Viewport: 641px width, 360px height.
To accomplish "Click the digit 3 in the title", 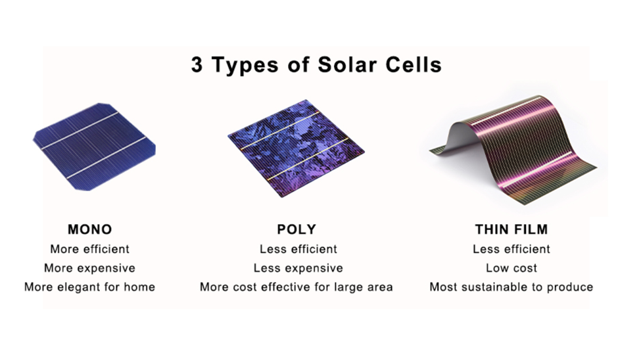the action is [197, 64].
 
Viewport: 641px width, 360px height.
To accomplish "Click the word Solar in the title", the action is [348, 64].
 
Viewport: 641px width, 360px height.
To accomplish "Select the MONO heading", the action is [89, 229].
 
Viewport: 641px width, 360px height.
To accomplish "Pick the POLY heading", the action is [297, 229].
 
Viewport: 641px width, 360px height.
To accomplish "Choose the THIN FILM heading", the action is [511, 229].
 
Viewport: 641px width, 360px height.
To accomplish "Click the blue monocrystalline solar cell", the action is [95, 146].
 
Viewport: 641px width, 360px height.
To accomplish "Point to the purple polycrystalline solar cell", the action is [296, 148].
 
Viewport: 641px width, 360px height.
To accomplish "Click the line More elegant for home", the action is [89, 287].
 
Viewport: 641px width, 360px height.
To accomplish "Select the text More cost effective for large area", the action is [296, 287].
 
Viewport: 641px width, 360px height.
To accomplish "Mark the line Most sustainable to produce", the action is [511, 287].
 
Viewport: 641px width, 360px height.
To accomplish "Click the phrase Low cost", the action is [511, 268].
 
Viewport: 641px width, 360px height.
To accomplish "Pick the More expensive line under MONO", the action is [89, 268].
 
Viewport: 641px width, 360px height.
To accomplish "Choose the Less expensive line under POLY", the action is [298, 268].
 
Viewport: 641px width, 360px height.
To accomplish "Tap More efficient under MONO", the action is [89, 249].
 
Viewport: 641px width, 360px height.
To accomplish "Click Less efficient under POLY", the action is [298, 249].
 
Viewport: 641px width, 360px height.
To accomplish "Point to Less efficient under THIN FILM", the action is [511, 249].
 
